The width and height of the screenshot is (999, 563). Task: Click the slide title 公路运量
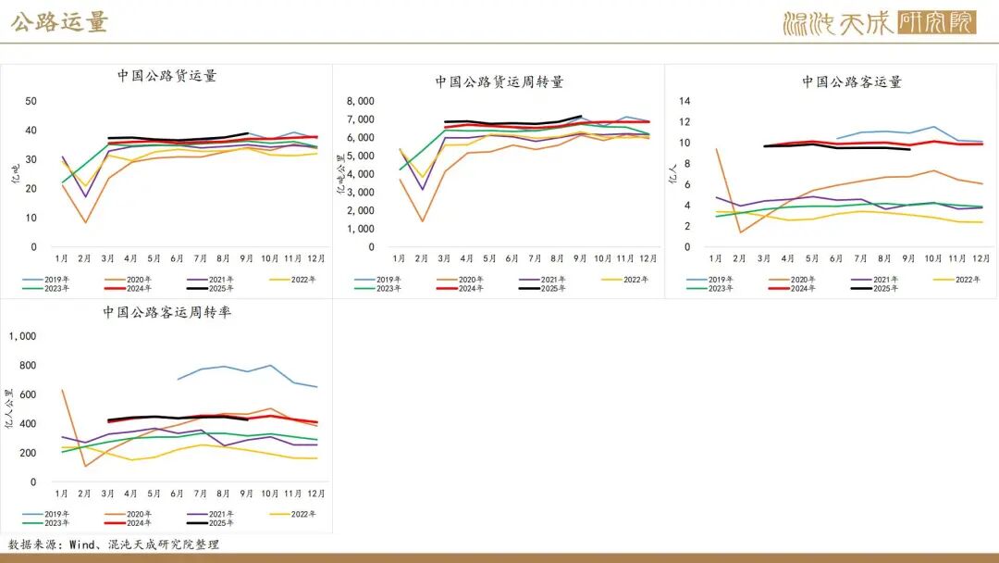click(x=60, y=22)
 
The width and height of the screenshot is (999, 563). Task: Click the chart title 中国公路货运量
click(x=166, y=76)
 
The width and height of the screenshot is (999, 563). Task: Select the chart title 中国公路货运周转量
click(x=499, y=81)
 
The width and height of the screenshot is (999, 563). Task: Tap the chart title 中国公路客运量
click(x=851, y=81)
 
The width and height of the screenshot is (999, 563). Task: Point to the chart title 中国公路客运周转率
click(x=166, y=312)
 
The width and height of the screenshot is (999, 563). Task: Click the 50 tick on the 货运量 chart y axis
click(x=31, y=101)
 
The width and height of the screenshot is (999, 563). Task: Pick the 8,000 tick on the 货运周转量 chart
click(x=360, y=102)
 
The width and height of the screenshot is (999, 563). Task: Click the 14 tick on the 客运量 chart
click(x=685, y=101)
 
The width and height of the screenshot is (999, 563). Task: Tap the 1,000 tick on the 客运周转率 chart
click(x=21, y=337)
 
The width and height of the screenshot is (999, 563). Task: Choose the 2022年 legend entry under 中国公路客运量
click(x=967, y=279)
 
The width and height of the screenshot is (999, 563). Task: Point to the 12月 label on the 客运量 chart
click(x=981, y=258)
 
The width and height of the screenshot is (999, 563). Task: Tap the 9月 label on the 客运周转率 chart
click(x=245, y=493)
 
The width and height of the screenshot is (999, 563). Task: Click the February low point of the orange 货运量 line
click(x=86, y=222)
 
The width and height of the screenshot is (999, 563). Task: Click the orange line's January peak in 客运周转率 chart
click(x=63, y=390)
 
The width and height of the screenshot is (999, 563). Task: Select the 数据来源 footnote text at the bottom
click(x=114, y=544)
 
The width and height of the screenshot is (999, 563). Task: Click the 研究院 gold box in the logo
click(x=936, y=22)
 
